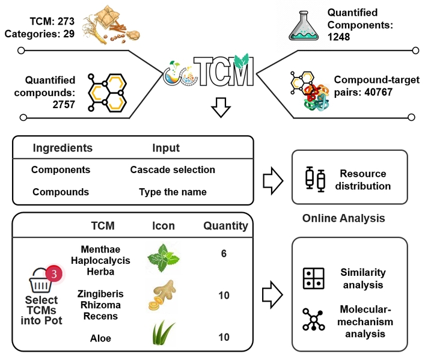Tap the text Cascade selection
point(173,169)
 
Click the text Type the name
point(173,192)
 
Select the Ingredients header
point(63,148)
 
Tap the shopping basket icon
point(41,282)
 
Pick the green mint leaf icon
point(163,258)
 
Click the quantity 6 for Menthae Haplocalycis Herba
point(224,254)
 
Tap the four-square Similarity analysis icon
point(314,278)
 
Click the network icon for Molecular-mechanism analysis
point(314,320)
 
